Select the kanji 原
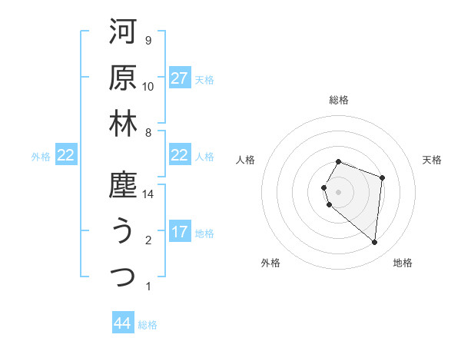123,78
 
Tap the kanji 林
123,124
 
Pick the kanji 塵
123,185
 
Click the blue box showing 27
180,78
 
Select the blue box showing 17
180,232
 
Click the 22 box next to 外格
65,155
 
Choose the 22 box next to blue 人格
180,155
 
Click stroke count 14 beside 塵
149,194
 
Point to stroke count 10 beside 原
148,87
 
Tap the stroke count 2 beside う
148,240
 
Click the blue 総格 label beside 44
148,325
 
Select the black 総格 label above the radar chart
338,101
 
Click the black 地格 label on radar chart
403,263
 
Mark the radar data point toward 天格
382,177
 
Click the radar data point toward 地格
374,242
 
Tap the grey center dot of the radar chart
338,190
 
